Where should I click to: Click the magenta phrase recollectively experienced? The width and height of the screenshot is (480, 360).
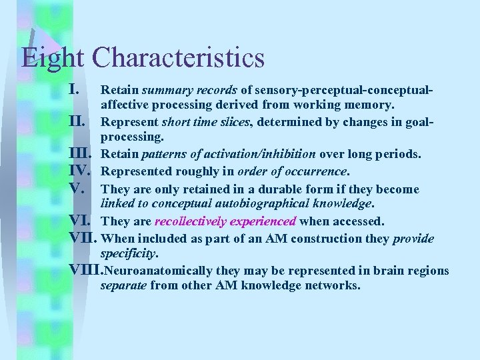[225, 221]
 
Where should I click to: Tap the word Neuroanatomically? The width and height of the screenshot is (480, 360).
[159, 271]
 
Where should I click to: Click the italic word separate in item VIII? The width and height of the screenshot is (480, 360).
[123, 286]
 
